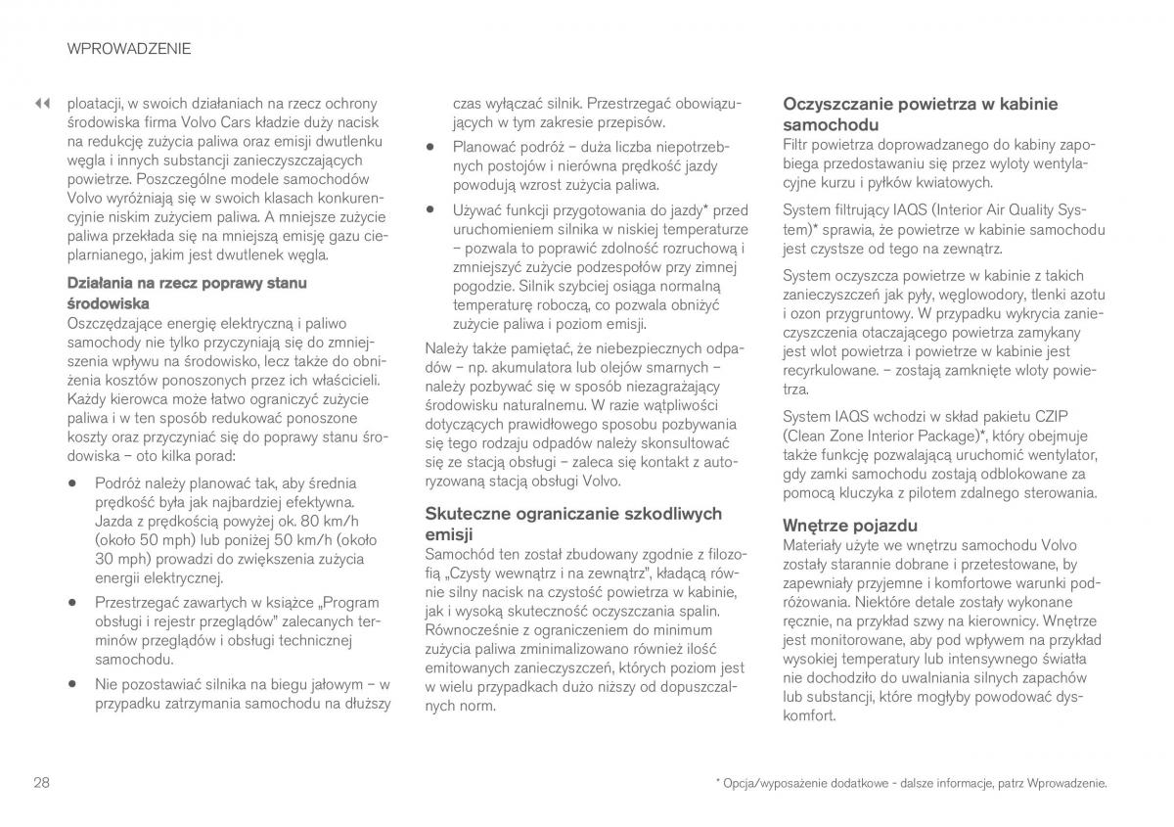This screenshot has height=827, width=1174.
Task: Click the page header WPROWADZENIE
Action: coord(129,47)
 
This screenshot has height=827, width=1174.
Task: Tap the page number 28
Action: coord(41,782)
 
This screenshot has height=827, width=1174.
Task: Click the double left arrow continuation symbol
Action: coord(41,103)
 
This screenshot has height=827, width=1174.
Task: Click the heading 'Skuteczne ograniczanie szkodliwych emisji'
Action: coord(573,524)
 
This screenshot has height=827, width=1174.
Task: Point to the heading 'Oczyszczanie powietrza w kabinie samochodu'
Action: coord(921,114)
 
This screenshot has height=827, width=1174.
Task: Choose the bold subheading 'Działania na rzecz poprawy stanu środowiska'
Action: coord(187,293)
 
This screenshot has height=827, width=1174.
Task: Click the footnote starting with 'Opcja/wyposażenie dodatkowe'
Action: coord(911,784)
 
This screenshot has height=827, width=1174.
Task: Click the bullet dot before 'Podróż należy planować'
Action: coord(72,483)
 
